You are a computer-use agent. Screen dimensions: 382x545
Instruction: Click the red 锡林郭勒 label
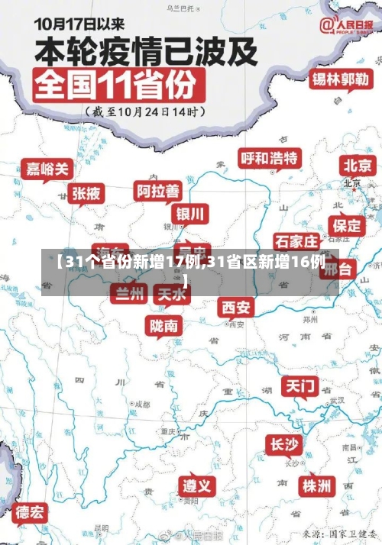coord(342,79)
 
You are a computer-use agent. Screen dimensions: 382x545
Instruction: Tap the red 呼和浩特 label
coord(270,158)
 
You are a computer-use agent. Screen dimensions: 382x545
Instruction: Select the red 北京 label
coord(358,165)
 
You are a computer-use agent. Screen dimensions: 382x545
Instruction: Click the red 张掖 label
coord(86,194)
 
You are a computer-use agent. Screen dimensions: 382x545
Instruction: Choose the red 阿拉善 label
coord(158,190)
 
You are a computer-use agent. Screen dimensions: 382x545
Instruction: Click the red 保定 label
coord(347,225)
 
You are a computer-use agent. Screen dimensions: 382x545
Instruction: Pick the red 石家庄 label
coord(296,242)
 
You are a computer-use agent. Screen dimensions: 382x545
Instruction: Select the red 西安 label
coord(236,307)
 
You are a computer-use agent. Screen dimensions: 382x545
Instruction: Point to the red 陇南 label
coord(164,326)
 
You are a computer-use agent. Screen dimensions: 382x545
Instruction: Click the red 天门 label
coord(300,386)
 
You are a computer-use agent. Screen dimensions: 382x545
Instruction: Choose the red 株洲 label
coord(316,485)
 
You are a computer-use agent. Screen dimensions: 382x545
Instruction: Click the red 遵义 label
coord(198,485)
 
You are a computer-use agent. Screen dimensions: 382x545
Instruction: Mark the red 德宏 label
coord(31,511)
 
